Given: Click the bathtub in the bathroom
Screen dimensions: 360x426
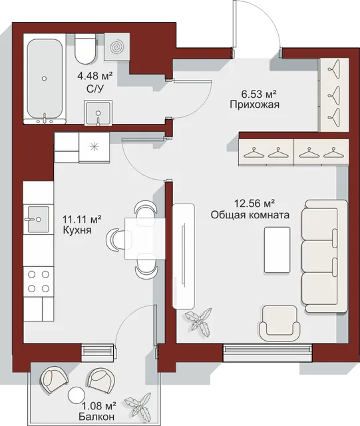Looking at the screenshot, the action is click(45, 79).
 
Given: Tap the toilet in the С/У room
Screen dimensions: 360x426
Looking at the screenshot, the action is click(85, 49).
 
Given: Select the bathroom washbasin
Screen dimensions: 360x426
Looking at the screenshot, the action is click(98, 112).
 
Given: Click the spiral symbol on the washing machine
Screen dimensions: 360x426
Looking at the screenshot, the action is click(117, 47).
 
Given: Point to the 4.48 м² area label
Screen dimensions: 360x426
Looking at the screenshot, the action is click(94, 76).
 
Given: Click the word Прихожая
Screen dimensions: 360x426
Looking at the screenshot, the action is click(255, 105).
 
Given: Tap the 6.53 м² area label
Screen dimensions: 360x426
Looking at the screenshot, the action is click(259, 95).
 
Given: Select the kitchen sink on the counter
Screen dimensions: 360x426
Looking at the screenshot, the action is click(39, 219).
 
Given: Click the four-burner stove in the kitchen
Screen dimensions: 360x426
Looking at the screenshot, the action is click(39, 282).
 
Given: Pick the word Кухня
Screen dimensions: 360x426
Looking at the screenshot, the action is click(77, 230).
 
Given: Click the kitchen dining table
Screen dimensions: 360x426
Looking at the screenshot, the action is click(145, 239).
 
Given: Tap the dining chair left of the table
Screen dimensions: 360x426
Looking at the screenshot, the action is click(116, 240).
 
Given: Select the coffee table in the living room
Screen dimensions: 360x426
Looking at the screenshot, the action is click(277, 250).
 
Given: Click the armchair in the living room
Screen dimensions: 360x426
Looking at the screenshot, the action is click(279, 323).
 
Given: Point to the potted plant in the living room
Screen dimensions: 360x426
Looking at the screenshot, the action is click(198, 322).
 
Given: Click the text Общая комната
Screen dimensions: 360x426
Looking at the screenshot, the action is click(250, 215).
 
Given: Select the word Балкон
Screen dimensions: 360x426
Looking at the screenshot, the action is click(96, 416).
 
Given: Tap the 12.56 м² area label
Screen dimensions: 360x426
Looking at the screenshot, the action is click(254, 203).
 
